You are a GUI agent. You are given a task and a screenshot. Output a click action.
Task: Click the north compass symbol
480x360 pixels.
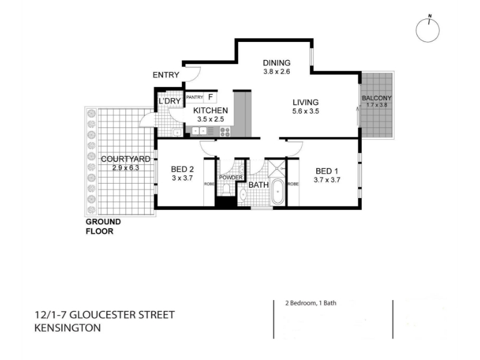coord(428,29)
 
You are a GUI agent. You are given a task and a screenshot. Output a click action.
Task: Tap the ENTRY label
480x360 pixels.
coord(166,75)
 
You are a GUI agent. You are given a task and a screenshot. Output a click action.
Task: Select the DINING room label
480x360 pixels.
coord(277,63)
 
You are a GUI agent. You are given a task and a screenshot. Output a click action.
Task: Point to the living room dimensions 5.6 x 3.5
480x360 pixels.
coord(305,112)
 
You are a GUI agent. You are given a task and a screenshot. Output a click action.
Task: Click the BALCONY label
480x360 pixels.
coord(377,98)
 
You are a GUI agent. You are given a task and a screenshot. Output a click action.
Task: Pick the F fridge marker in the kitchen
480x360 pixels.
coord(211,97)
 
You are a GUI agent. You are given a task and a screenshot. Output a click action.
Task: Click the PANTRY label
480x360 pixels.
coord(194,97)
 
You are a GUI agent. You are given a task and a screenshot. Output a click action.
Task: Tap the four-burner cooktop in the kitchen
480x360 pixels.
coord(226,131)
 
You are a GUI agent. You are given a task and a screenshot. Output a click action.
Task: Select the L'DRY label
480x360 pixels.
coord(169,101)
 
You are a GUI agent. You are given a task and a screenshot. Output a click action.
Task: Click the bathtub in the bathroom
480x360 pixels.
coord(278,191)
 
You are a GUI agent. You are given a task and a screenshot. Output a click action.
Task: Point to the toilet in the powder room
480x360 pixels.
coord(226,190)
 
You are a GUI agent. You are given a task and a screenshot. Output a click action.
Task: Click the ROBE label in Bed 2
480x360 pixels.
coord(209,184)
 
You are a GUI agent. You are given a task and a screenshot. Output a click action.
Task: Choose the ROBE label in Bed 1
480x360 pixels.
coord(293,184)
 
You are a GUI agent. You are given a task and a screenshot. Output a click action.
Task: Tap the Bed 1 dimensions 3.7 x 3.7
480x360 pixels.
coord(327,180)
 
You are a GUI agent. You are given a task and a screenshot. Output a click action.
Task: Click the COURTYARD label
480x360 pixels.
coord(125,159)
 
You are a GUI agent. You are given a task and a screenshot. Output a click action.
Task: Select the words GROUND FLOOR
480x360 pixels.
coord(103,227)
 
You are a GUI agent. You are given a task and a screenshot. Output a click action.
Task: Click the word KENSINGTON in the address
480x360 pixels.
coord(68,328)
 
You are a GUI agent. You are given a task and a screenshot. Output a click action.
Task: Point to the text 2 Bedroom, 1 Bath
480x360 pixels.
coord(311,303)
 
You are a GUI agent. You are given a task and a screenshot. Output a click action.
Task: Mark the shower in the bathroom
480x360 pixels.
coord(277,169)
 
